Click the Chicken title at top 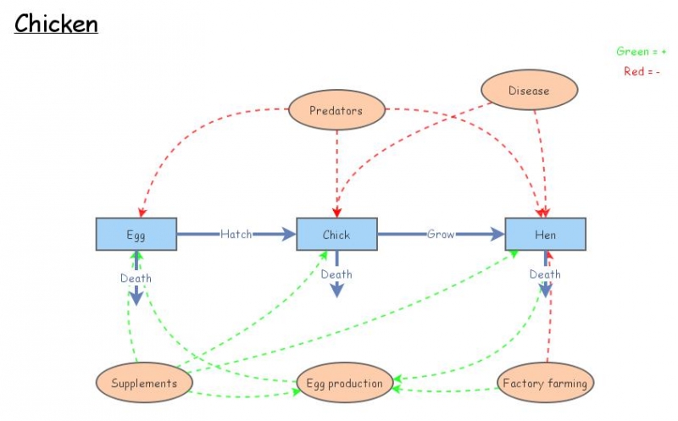tap(56, 23)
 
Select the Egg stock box tap(136, 235)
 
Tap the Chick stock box tap(336, 235)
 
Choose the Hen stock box tap(545, 235)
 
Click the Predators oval tap(336, 110)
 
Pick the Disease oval tap(529, 91)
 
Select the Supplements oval tap(144, 383)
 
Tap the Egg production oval tap(344, 384)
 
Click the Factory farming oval tap(545, 383)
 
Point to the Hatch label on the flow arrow tap(236, 234)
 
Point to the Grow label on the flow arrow tap(441, 234)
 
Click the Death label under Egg tap(136, 277)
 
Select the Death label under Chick tap(336, 274)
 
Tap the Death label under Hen tap(545, 274)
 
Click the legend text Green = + tap(641, 52)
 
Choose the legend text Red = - tap(642, 72)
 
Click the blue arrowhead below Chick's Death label tap(336, 290)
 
